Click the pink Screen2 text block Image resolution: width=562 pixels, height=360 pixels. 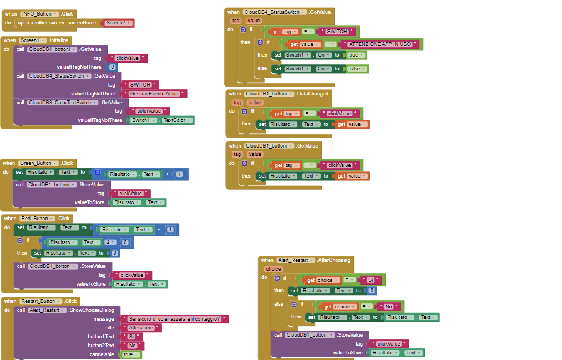point(118,23)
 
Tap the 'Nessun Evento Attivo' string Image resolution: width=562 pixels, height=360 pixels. point(156,94)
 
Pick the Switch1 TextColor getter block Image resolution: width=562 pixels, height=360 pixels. point(162,120)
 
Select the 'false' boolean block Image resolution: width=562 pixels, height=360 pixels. point(356,69)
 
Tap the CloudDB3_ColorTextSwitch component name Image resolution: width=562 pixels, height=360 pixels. point(63,103)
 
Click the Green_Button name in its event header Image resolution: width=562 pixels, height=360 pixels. point(38,163)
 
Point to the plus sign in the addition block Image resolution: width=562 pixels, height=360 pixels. point(167,174)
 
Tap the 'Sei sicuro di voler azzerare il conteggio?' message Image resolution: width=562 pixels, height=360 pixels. point(174,319)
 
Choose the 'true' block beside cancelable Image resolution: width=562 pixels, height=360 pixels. point(131,354)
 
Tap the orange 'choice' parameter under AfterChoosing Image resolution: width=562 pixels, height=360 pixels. point(274,269)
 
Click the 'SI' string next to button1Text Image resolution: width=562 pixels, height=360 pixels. point(131,337)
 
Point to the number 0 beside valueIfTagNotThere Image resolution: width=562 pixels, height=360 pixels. point(113,67)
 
